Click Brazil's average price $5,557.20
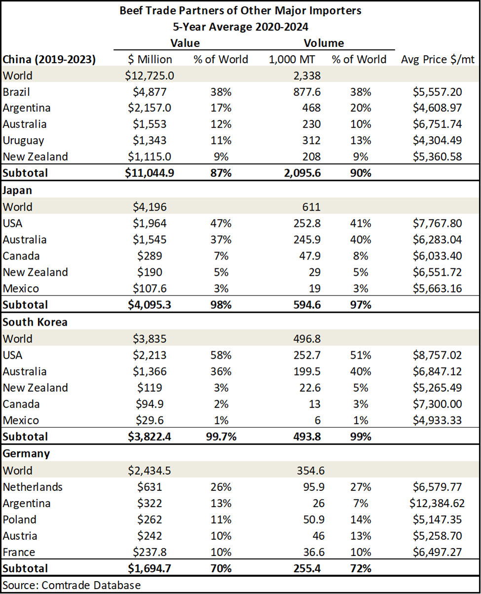437,92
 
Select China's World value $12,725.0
149,75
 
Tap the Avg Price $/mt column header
438,59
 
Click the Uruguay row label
23,141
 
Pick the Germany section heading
26,454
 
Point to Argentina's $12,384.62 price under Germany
437,503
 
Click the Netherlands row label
33,487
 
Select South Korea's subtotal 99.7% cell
221,437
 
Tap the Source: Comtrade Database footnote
72,585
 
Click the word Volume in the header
324,43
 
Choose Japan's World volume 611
311,207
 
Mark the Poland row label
20,520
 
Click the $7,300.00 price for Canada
437,404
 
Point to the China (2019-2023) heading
49,59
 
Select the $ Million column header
150,59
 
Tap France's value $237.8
149,552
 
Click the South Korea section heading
35,322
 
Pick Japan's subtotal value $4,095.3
149,305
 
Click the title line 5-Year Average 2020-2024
240,27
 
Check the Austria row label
20,536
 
